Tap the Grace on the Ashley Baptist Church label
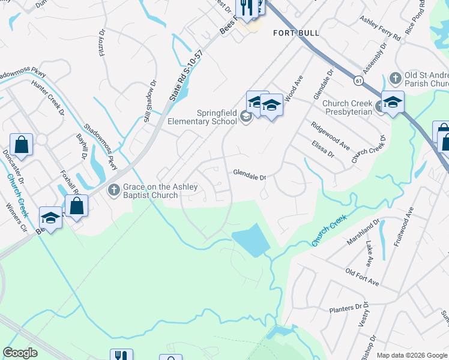coord(160,191)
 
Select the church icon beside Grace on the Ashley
coord(113,191)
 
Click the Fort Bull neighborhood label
coord(296,32)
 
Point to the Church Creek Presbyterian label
coord(348,107)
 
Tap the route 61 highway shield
coord(358,79)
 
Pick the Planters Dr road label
coord(347,310)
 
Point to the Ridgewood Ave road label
coord(330,136)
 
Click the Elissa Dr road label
coord(322,149)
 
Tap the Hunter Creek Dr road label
coord(47,96)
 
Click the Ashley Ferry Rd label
coord(380,28)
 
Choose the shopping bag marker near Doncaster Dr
coord(22,145)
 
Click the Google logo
coord(20,353)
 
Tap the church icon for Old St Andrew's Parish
coord(395,78)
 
